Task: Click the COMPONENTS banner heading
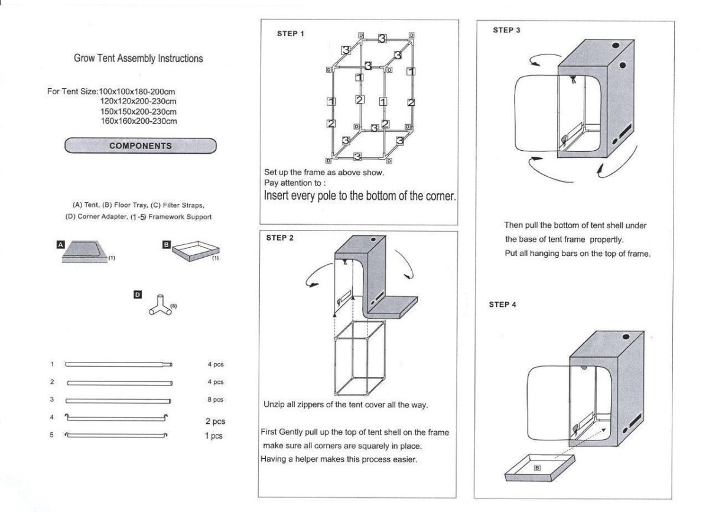141,145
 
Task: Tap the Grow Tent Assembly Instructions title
138,59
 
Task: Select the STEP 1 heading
290,34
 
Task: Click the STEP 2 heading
280,238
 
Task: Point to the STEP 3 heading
506,30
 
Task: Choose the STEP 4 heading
502,304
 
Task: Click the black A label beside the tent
60,244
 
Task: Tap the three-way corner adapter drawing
160,305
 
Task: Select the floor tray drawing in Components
196,251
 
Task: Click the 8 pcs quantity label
215,400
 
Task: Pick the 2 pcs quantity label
215,421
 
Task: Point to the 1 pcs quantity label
214,436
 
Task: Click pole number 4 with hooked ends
116,417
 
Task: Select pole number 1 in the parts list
119,364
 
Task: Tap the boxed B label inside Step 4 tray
537,468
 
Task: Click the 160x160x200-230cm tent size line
139,121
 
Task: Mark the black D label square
137,295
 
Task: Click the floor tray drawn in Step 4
539,468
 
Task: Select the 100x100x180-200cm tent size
136,92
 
